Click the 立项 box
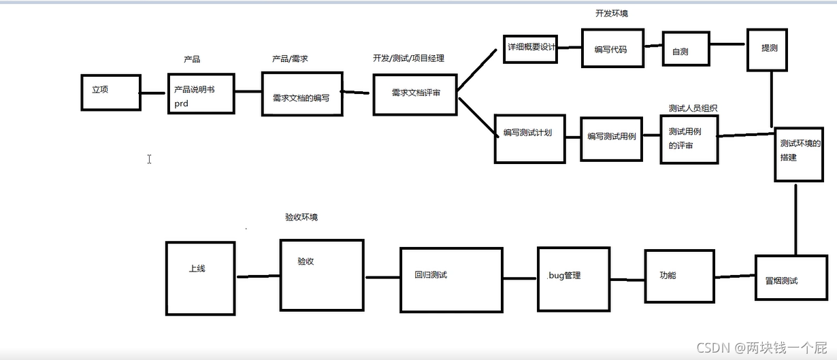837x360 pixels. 111,92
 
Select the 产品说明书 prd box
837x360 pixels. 201,96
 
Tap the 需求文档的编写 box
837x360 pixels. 301,95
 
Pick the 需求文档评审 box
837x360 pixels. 415,93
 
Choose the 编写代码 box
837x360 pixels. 612,48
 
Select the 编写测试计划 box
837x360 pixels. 529,140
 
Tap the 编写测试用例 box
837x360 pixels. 611,139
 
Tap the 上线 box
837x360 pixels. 200,278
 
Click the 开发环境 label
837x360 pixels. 611,13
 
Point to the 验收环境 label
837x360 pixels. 301,217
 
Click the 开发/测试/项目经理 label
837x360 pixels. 408,59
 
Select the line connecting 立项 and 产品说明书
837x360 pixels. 154,94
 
